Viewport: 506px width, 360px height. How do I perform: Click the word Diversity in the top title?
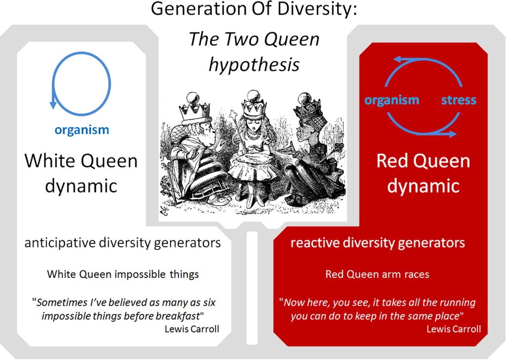[317, 8]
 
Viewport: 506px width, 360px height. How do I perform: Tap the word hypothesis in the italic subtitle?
[254, 65]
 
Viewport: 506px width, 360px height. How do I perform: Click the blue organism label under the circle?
[82, 130]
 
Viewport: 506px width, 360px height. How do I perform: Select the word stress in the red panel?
[459, 100]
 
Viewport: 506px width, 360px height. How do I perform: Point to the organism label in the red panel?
[392, 100]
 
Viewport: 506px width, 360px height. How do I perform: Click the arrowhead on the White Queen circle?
[53, 104]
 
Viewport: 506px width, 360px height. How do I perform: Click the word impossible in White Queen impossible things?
[140, 274]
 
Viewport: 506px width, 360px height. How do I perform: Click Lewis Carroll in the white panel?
[192, 329]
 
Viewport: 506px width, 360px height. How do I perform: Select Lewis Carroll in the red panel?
[454, 329]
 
